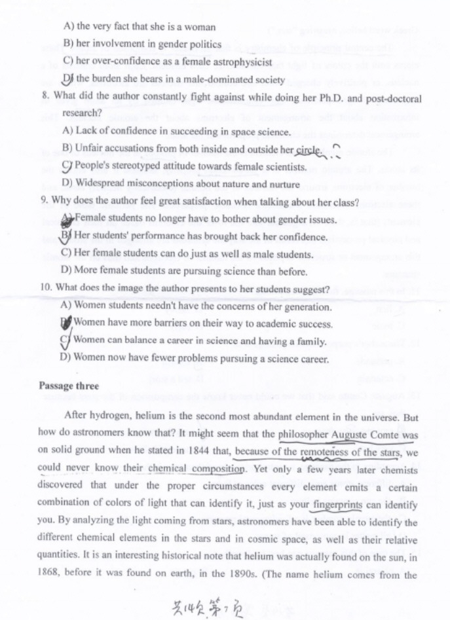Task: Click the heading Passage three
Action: (x=69, y=386)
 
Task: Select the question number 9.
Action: (x=44, y=202)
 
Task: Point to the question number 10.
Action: (x=47, y=289)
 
